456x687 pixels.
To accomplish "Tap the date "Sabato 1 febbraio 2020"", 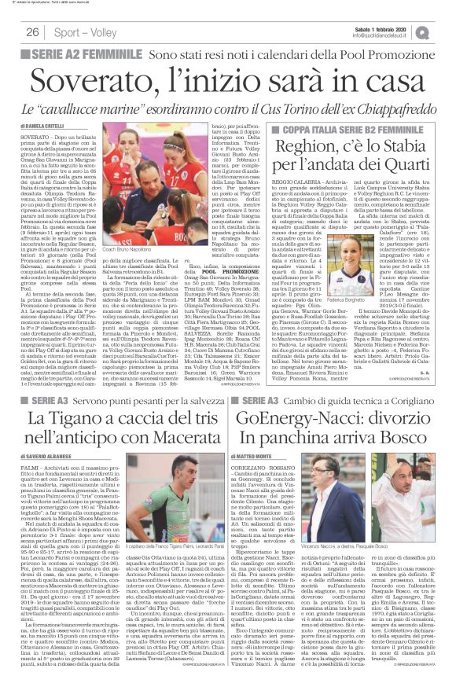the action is [x=395, y=28].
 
